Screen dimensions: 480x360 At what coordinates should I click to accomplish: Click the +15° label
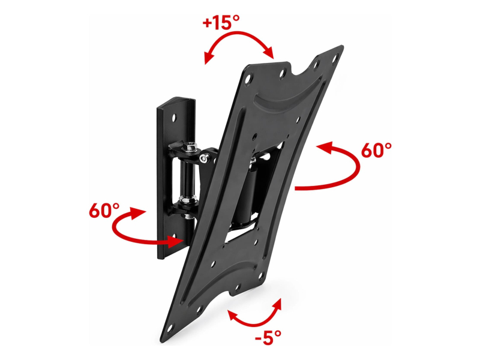(x=221, y=22)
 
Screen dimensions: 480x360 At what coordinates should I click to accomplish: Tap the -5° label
(x=268, y=338)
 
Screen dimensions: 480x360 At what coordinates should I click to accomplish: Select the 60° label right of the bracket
(x=376, y=151)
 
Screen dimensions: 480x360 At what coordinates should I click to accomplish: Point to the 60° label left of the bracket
(x=104, y=211)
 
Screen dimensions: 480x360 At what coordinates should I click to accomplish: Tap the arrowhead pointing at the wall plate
(x=175, y=242)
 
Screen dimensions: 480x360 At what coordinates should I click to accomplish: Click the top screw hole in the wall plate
(x=174, y=118)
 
